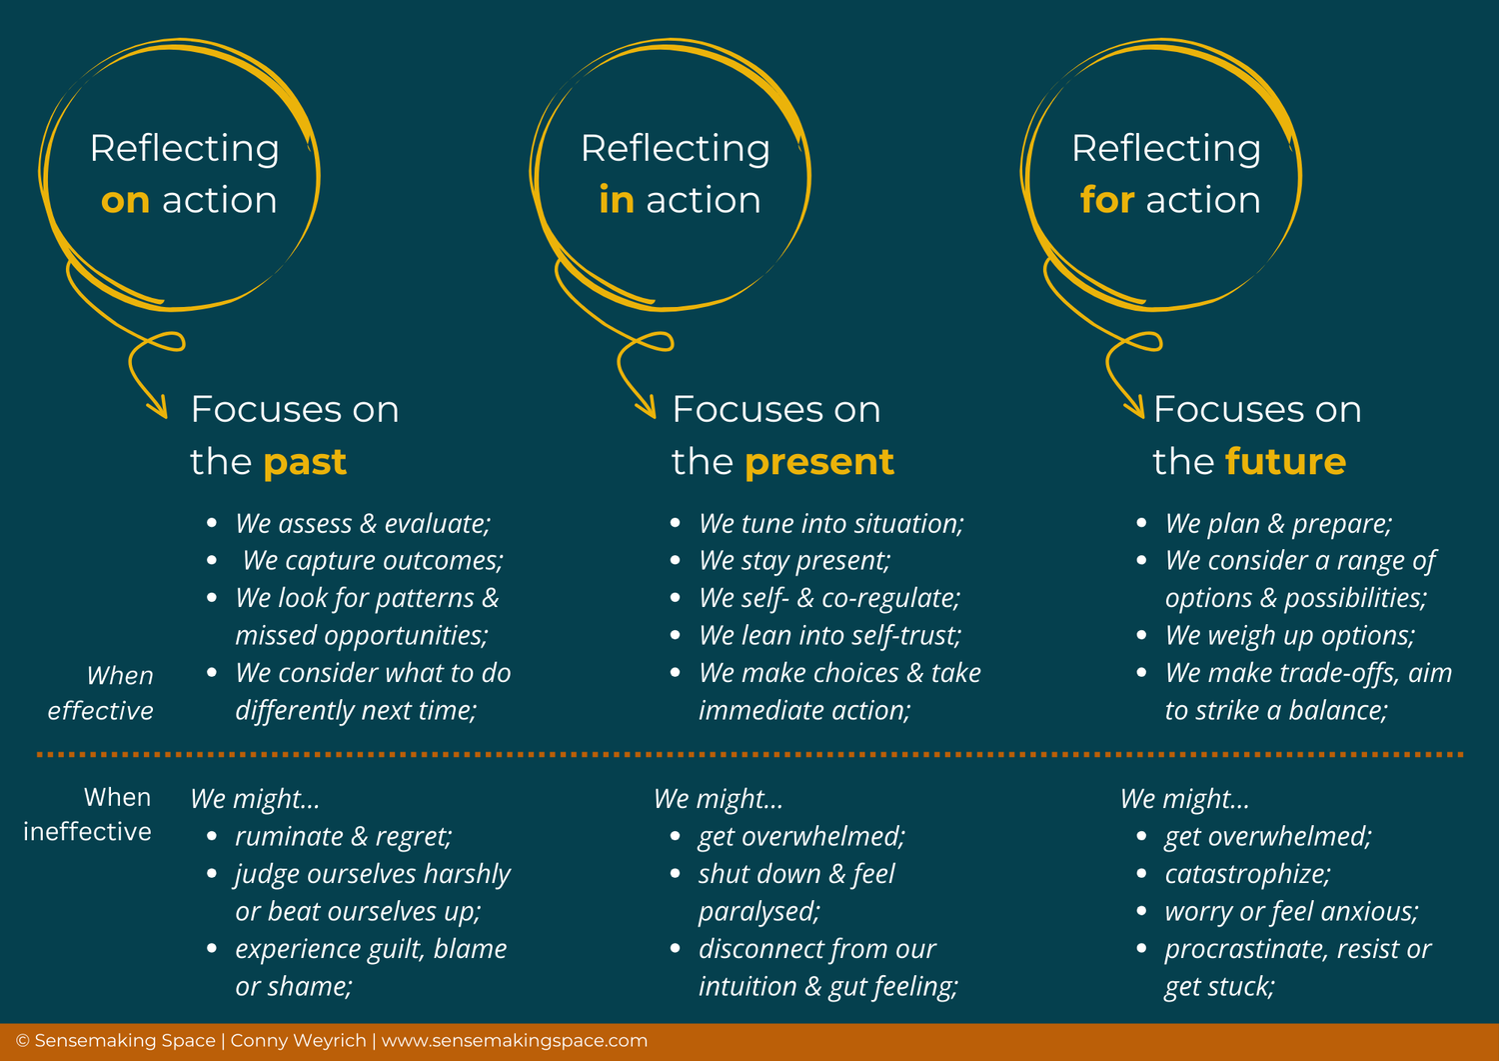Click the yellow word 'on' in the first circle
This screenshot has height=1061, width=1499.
pyautogui.click(x=125, y=201)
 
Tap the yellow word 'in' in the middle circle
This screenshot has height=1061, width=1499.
pyautogui.click(x=616, y=201)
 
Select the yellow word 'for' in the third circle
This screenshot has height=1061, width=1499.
pyautogui.click(x=1106, y=201)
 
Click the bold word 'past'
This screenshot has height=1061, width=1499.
pyautogui.click(x=305, y=462)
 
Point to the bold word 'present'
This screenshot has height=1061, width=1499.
pyautogui.click(x=818, y=462)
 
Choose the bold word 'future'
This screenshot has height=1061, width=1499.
pyautogui.click(x=1285, y=462)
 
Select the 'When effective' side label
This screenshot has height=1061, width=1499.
pyautogui.click(x=101, y=693)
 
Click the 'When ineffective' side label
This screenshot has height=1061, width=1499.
pyautogui.click(x=88, y=814)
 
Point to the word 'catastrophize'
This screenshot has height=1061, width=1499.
pyautogui.click(x=1245, y=874)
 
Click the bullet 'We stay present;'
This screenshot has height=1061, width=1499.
pyautogui.click(x=794, y=561)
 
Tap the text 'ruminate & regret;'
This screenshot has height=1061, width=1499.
pyautogui.click(x=344, y=836)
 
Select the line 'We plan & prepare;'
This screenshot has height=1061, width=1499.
pyautogui.click(x=1278, y=524)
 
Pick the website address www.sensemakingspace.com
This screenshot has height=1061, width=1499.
pyautogui.click(x=515, y=1041)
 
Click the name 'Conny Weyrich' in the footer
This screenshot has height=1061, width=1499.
pyautogui.click(x=298, y=1041)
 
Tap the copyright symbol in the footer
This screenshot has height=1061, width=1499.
pyautogui.click(x=22, y=1041)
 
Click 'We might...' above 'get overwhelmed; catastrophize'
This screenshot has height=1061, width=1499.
pyautogui.click(x=1184, y=799)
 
